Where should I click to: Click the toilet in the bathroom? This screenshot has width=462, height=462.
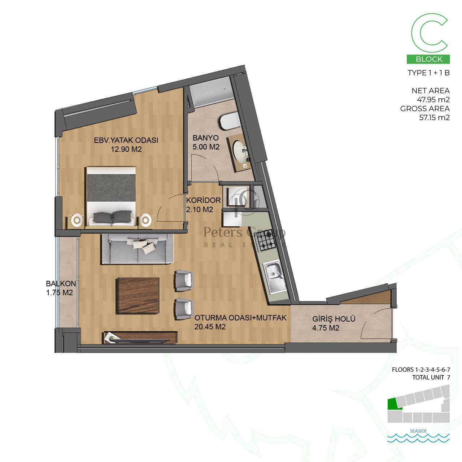(229, 121)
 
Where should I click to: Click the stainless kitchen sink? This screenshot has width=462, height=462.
(276, 278)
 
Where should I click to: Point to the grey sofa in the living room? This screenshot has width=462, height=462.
(138, 249)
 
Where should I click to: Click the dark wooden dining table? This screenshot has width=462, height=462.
(138, 296)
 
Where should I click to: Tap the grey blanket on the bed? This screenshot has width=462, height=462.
(111, 188)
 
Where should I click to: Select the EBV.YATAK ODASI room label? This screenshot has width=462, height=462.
(126, 140)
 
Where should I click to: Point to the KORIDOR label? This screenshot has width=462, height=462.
(204, 200)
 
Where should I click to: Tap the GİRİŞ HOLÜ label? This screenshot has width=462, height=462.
(334, 319)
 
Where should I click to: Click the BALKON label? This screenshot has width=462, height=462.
(61, 284)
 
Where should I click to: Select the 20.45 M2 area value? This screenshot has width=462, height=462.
(210, 327)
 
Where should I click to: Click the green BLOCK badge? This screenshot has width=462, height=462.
(428, 59)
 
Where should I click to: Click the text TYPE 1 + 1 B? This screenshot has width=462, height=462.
(429, 73)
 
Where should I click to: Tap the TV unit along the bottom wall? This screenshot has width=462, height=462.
(141, 337)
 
